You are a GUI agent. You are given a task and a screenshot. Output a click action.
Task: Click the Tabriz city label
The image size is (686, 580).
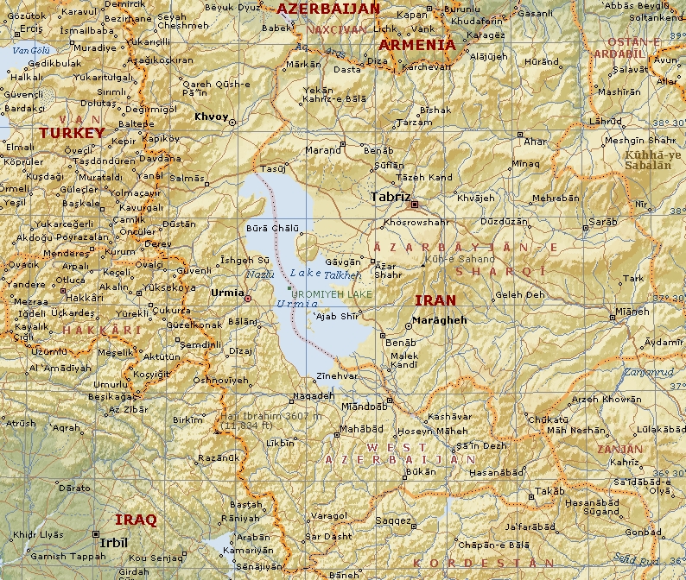tap(390, 197)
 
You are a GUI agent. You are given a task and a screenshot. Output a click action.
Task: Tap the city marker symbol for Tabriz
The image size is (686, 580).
tap(415, 205)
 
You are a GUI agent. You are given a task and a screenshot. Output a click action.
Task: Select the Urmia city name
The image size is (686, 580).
tap(228, 293)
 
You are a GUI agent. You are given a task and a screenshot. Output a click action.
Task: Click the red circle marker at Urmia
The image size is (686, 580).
tap(248, 299)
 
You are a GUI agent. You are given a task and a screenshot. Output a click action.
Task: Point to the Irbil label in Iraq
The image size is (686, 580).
tap(113, 543)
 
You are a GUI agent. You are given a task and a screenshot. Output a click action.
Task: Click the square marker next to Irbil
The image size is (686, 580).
tap(95, 533)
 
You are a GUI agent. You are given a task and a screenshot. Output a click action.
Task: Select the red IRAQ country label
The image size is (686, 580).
tap(137, 520)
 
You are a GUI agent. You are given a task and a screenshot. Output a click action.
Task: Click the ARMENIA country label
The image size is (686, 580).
tap(416, 45)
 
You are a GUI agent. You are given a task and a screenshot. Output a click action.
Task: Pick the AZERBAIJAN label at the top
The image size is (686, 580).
tap(327, 9)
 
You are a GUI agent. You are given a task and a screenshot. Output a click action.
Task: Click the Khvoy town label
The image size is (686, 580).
tap(212, 117)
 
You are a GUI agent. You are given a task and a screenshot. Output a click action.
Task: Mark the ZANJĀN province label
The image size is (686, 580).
tap(619, 449)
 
